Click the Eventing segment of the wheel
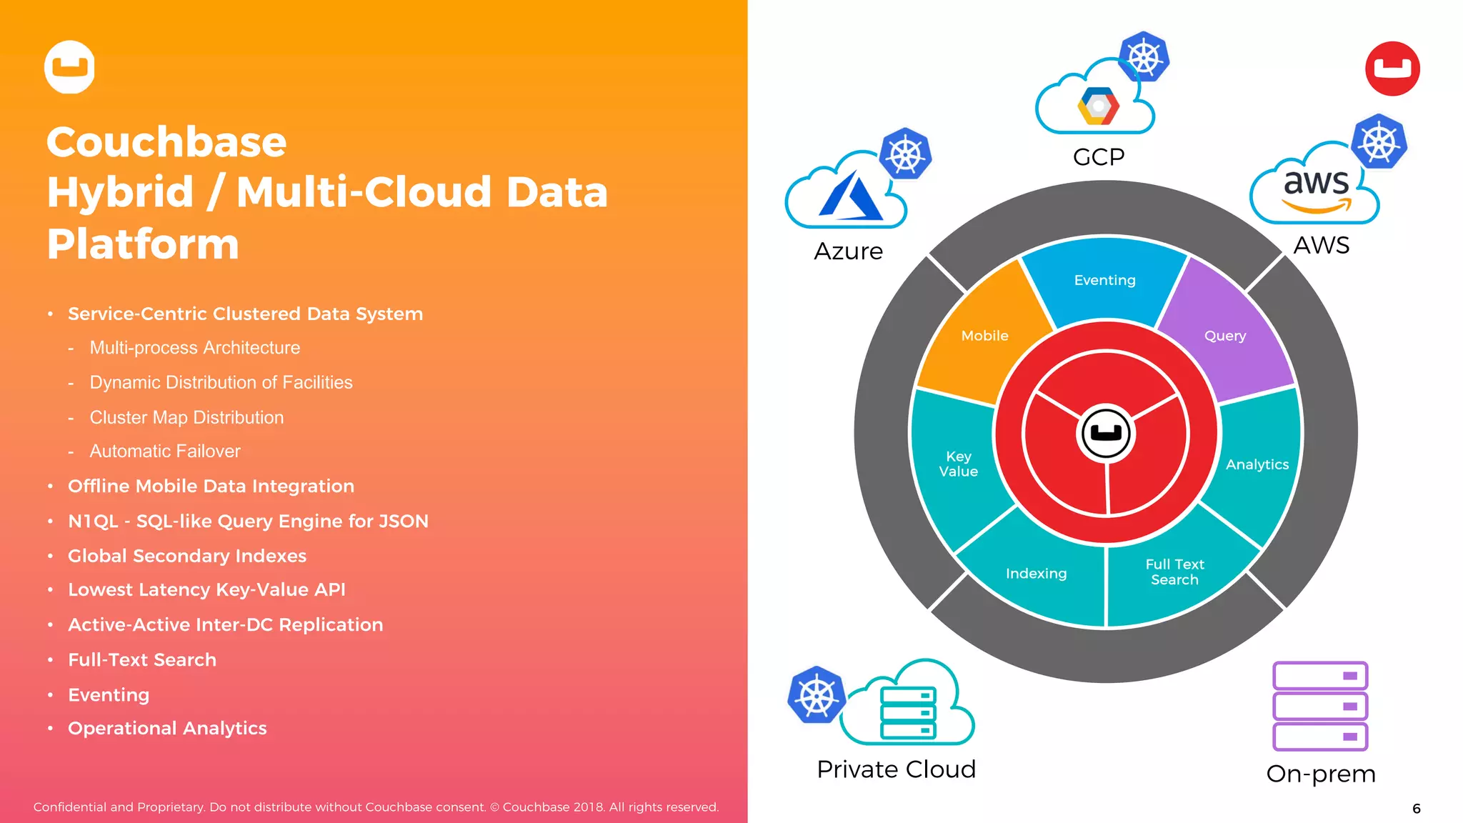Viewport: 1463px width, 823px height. pyautogui.click(x=1104, y=280)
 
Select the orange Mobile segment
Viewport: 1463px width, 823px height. pyautogui.click(x=984, y=336)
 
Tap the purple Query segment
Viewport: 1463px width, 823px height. pyautogui.click(x=1225, y=336)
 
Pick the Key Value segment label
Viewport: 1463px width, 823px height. pyautogui.click(x=958, y=464)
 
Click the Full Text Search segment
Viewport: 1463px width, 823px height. pyautogui.click(x=1174, y=572)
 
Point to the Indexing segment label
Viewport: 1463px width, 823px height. pyautogui.click(x=1036, y=574)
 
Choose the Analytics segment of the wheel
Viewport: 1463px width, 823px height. pyautogui.click(x=1257, y=464)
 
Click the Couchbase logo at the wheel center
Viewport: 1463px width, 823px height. pyautogui.click(x=1106, y=433)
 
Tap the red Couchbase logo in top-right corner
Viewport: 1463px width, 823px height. pyautogui.click(x=1392, y=69)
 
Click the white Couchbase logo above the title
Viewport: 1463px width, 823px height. pyautogui.click(x=69, y=67)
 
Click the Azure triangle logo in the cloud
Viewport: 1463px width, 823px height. pyautogui.click(x=850, y=196)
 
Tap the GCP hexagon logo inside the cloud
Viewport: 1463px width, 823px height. pyautogui.click(x=1098, y=106)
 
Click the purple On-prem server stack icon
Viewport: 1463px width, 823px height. pyautogui.click(x=1320, y=706)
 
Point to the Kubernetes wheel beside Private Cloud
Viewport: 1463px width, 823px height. pyautogui.click(x=817, y=695)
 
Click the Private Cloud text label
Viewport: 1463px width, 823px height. pyautogui.click(x=896, y=769)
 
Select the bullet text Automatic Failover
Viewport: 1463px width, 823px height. pyautogui.click(x=165, y=452)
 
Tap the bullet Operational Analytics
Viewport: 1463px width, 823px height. pyautogui.click(x=167, y=728)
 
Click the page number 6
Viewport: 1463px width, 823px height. pyautogui.click(x=1416, y=809)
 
